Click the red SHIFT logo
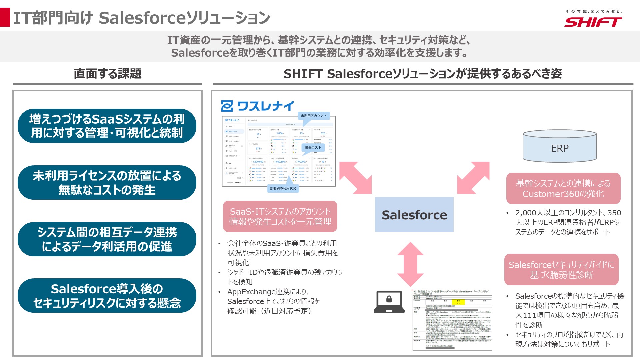[x=593, y=22]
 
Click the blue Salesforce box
[x=414, y=215]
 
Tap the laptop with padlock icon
[x=389, y=302]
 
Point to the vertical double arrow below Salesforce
[x=410, y=264]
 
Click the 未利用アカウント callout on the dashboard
[x=313, y=116]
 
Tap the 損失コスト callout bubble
[x=313, y=148]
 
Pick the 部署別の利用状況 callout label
[x=283, y=189]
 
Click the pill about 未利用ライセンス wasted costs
[x=107, y=183]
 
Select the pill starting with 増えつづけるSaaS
[x=107, y=126]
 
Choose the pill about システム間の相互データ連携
[x=107, y=239]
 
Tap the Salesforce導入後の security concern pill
[x=107, y=296]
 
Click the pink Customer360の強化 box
[x=563, y=188]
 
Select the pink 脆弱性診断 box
[x=561, y=270]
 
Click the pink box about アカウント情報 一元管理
[x=280, y=216]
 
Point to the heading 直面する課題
[x=107, y=74]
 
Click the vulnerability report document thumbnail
[x=452, y=320]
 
